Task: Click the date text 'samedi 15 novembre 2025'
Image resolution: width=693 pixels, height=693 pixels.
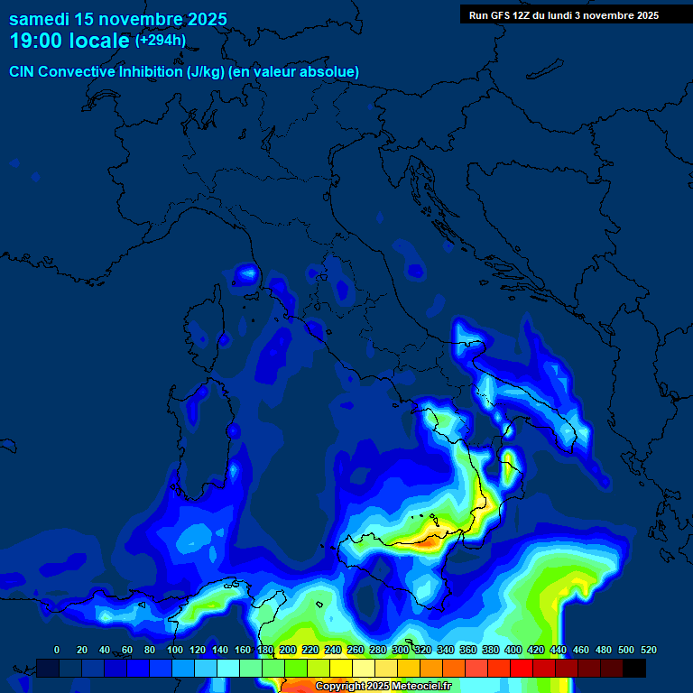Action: point(117,19)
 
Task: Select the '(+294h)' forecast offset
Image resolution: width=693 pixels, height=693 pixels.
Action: point(160,41)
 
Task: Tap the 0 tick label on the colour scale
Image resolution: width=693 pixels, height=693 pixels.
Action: point(57,650)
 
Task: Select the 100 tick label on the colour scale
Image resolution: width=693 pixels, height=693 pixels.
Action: point(174,650)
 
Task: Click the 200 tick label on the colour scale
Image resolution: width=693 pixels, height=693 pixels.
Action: point(288,650)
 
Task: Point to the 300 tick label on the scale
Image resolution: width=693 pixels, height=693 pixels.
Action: point(401,650)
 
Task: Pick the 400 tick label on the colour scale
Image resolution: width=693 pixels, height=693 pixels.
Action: point(513,650)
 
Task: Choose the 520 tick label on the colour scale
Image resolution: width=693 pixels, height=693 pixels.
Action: point(648,650)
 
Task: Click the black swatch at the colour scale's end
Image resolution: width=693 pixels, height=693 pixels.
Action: point(634,668)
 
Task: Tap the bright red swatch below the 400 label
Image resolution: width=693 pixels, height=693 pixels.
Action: point(522,668)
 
